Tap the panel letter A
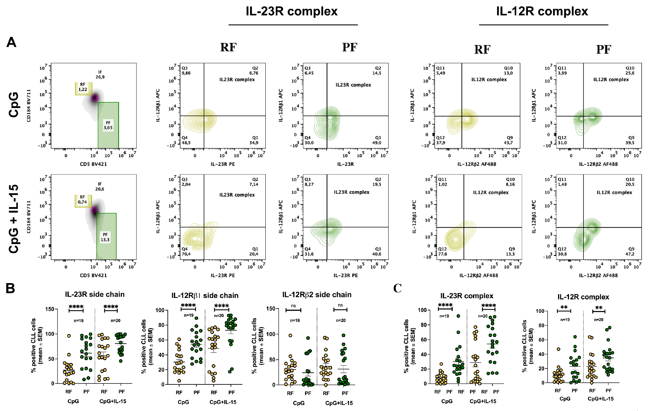(x=11, y=42)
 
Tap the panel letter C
(x=397, y=288)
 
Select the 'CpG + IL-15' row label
(x=14, y=219)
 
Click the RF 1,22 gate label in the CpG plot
(x=83, y=87)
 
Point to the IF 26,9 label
(x=100, y=75)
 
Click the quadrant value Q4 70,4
(x=186, y=252)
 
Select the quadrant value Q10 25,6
(x=630, y=71)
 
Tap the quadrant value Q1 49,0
(x=377, y=140)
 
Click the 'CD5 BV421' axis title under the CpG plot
(x=93, y=164)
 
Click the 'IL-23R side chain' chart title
(x=95, y=294)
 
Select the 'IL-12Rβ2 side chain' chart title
(x=317, y=295)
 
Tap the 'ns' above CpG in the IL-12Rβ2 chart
(x=293, y=306)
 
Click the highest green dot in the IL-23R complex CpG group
(x=458, y=316)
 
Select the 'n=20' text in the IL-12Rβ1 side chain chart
(x=219, y=316)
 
